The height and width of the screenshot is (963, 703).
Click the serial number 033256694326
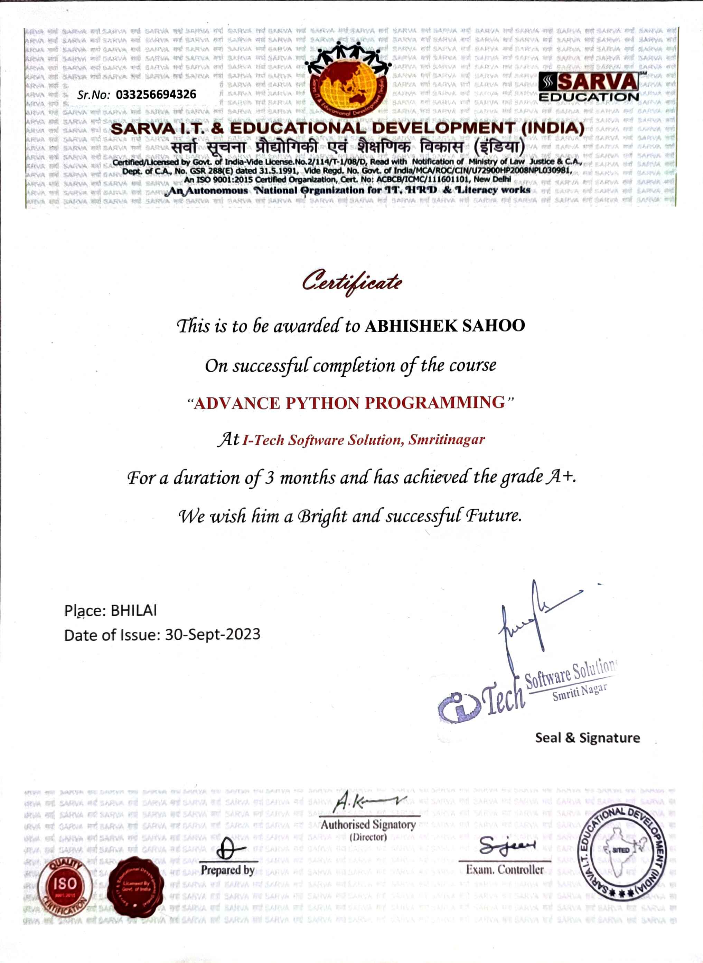click(x=156, y=94)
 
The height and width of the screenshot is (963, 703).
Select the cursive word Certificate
click(x=352, y=281)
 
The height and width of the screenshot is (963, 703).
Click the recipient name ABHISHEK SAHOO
click(x=445, y=326)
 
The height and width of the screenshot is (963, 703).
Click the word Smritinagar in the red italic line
click(x=447, y=440)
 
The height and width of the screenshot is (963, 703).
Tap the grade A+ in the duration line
click(x=561, y=477)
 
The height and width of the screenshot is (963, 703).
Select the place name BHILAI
click(x=134, y=610)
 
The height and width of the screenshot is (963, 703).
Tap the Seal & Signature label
click(x=587, y=738)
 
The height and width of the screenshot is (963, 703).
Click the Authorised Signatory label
click(x=368, y=825)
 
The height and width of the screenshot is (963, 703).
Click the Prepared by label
click(x=228, y=870)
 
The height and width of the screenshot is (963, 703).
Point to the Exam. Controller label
click(x=505, y=869)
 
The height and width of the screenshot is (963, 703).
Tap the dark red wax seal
click(x=136, y=887)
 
